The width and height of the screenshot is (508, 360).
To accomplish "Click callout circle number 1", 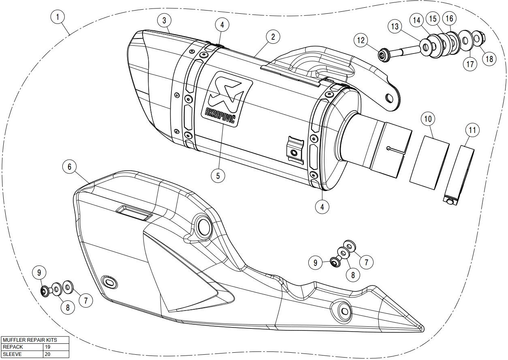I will tap(58, 17).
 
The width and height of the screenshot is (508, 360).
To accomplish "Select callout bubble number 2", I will tap(273, 37).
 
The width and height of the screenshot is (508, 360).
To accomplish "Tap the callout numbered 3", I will tap(164, 20).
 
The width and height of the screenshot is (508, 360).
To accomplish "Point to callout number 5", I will tap(218, 176).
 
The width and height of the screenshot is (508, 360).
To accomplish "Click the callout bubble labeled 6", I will tap(69, 167).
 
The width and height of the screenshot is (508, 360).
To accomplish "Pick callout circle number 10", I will tap(429, 119).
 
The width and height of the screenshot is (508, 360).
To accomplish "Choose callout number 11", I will tap(472, 131).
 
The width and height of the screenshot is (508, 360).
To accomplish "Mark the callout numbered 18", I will tap(489, 59).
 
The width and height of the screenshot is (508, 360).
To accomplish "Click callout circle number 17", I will tap(470, 64).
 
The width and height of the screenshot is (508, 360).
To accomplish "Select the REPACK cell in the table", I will tap(22, 347).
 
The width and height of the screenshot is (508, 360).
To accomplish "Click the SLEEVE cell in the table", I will tap(22, 354).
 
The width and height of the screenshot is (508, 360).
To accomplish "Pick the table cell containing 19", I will tap(56, 347).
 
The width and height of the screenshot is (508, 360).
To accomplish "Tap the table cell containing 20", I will tap(56, 354).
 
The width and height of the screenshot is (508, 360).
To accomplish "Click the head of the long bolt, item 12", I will tap(383, 55).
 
